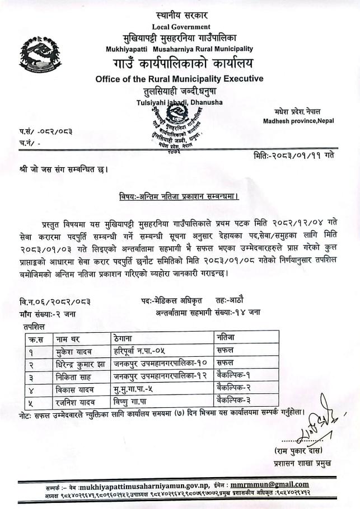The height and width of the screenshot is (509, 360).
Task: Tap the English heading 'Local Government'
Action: [x=181, y=27]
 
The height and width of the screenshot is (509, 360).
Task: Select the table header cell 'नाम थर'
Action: [x=68, y=338]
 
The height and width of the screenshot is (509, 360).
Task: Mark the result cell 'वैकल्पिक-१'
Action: [x=236, y=377]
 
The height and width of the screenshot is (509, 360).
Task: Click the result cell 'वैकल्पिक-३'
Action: [x=236, y=400]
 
